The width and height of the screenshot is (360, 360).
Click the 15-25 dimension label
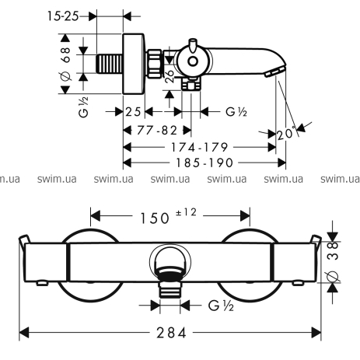pos(63,16)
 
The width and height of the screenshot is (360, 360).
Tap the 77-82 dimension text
pos(157,131)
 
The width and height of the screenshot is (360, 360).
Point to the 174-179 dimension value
pos(199,147)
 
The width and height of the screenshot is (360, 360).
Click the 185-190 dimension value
pos(204,163)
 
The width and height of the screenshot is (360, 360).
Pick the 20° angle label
pos(286,134)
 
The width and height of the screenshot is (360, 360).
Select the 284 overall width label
pos(172,333)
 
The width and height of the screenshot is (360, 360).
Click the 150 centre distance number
pos(155,218)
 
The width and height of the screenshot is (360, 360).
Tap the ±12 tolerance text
pos(186,212)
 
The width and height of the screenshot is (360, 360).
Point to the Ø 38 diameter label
pos(333,261)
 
